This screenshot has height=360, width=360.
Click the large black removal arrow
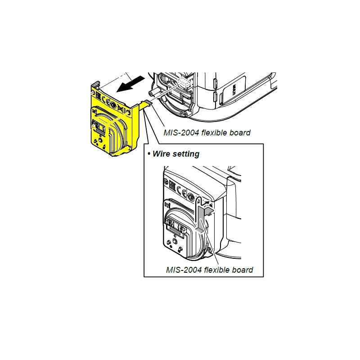131,84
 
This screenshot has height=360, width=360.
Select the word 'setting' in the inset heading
187,154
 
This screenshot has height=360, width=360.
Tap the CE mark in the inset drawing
181,191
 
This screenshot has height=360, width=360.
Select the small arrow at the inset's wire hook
206,203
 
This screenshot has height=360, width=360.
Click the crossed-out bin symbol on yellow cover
121,108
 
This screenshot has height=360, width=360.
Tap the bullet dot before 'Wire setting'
149,153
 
